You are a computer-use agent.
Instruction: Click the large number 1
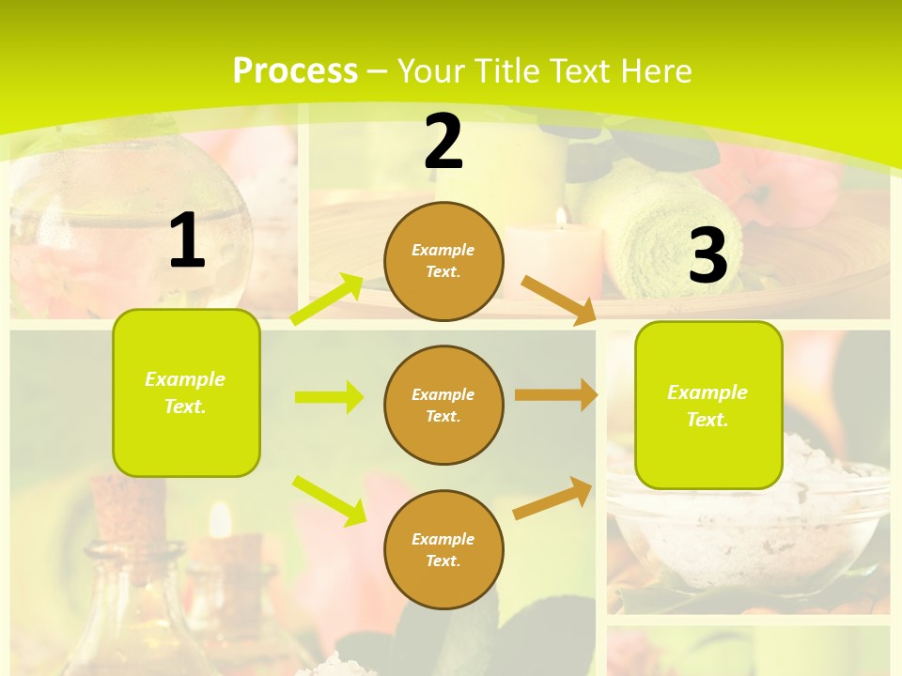coord(187,241)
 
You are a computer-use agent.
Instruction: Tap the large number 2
coord(443,142)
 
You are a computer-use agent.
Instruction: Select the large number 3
coord(708,255)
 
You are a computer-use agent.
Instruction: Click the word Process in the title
coord(295,70)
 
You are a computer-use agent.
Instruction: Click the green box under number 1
coord(186,392)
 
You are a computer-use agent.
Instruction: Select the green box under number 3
coord(708,405)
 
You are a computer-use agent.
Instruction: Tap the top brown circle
coord(443,261)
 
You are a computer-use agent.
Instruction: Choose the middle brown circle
coord(443,405)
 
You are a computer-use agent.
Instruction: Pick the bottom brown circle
coord(443,549)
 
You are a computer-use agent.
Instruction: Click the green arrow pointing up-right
coord(327,300)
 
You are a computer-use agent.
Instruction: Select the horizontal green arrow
coord(329,397)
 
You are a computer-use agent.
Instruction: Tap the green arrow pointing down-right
coord(329,499)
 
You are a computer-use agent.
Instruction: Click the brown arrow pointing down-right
coord(558,300)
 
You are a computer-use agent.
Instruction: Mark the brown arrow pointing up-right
coord(552,498)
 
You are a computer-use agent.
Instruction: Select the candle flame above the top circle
coord(561,218)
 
